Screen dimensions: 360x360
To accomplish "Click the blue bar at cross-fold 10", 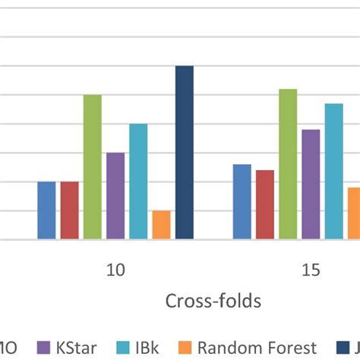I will point(46,210).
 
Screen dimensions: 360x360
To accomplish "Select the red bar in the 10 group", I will point(69,210).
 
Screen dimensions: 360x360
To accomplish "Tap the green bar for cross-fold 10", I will point(93,167).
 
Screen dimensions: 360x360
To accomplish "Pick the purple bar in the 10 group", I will point(115,196).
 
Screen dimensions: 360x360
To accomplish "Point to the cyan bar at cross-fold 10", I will point(138,182).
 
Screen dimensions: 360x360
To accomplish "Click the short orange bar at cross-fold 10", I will point(161,225).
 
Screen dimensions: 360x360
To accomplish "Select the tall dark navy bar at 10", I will point(185,153).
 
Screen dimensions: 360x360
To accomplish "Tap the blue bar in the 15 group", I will point(242,202).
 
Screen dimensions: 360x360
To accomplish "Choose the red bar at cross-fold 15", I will point(265,204).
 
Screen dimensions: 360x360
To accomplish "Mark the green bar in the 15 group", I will point(288,164).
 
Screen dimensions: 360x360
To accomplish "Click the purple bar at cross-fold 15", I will point(311,185).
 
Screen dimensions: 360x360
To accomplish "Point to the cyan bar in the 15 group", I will point(333,172).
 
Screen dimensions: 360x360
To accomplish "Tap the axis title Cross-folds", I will point(213,301).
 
